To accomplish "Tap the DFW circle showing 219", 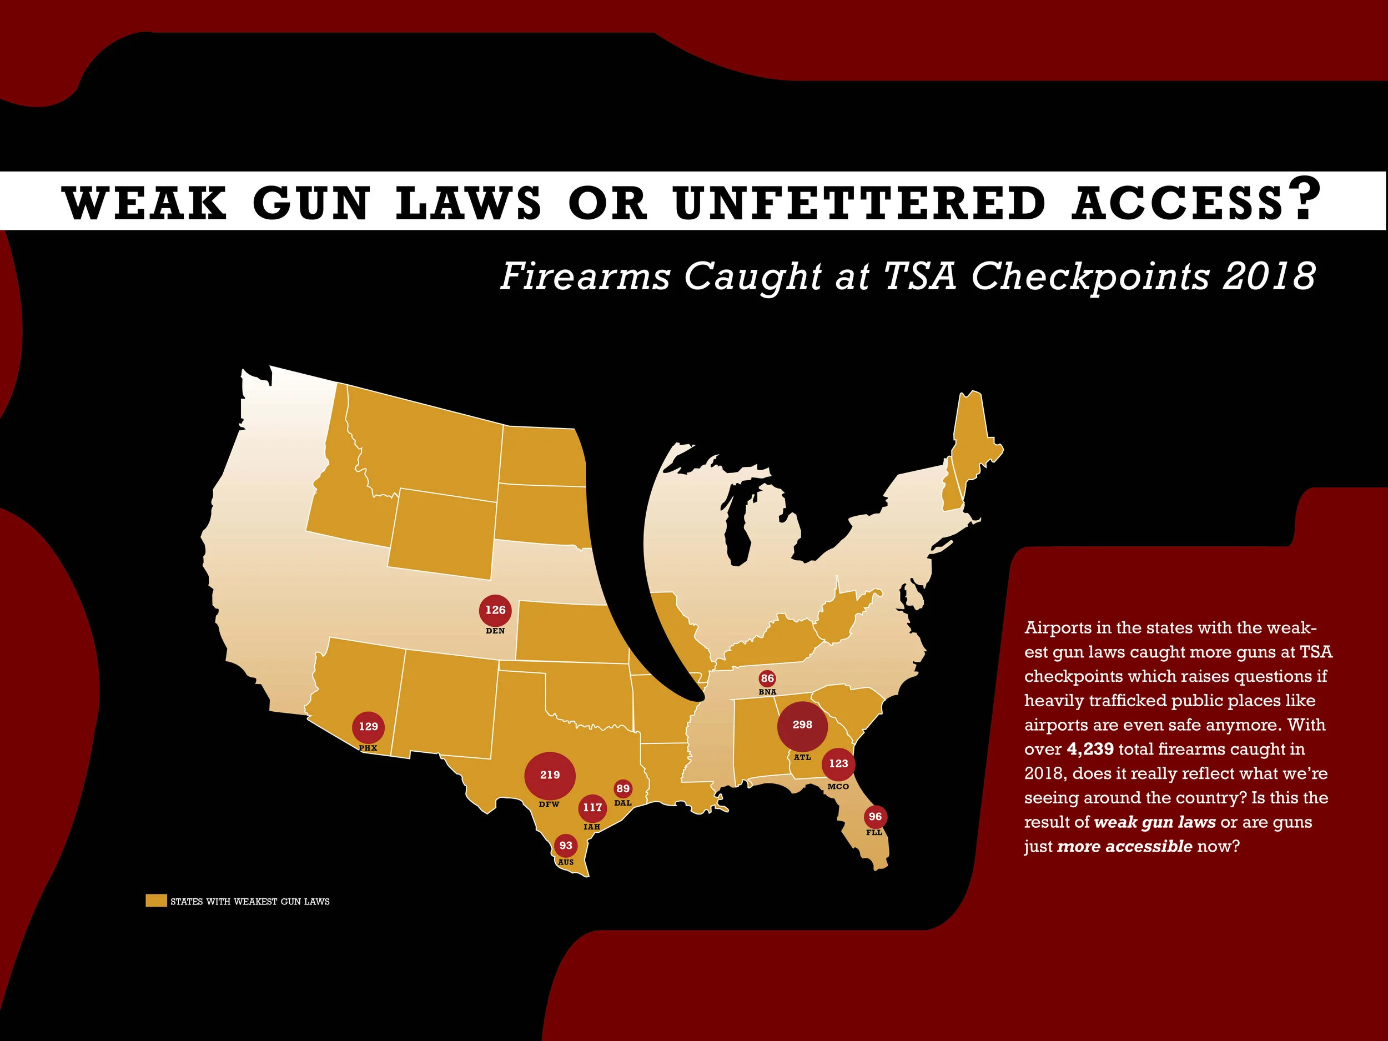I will coord(550,775).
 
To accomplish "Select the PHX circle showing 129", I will coord(368,727).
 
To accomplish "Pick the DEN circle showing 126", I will coord(495,610).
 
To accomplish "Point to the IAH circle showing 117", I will coord(592,808).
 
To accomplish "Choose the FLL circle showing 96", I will coord(874,817).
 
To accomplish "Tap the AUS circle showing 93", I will coord(566,846).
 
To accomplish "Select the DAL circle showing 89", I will coord(622,789).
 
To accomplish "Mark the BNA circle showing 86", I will coord(767,678).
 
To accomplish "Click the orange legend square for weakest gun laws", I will coord(155,901).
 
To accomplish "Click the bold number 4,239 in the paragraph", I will coord(1090,749).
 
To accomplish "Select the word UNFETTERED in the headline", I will coord(859,203).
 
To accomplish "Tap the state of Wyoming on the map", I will coord(442,534).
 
